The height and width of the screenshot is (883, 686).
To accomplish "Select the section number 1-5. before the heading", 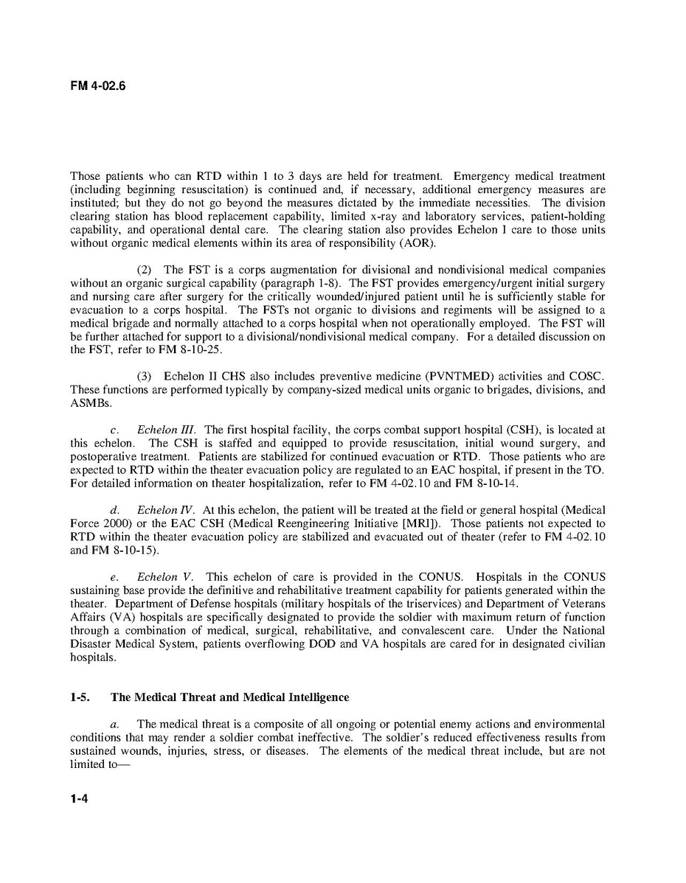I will coord(80,697).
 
